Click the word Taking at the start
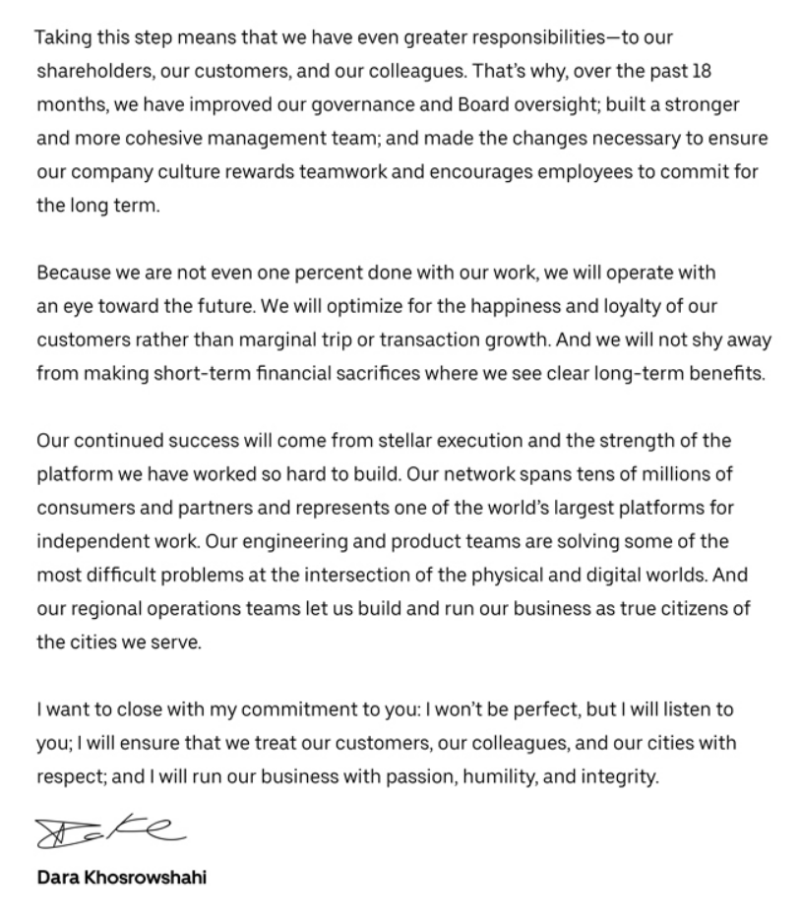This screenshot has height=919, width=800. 62,38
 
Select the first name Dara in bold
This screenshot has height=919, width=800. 57,878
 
